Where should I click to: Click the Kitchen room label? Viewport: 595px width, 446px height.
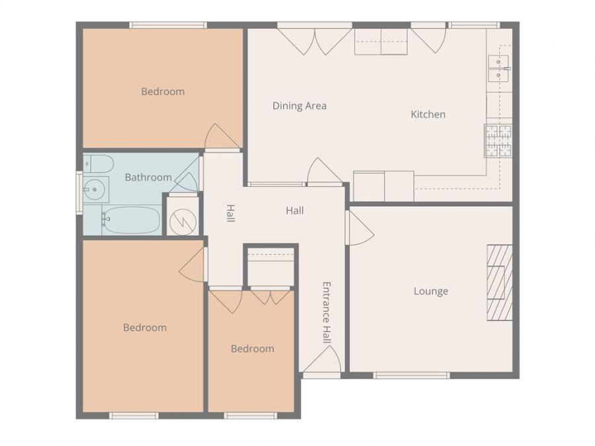tap(428, 114)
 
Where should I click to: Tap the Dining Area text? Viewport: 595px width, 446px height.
tap(299, 106)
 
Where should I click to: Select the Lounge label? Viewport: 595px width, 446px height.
tap(430, 291)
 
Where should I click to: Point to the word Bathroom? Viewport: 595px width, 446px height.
tap(148, 177)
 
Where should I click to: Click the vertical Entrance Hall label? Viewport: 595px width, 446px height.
tap(326, 313)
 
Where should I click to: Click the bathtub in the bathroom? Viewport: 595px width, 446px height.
tap(131, 220)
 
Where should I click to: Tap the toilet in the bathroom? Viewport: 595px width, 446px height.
tap(98, 163)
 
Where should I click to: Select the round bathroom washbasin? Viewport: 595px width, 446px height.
tap(95, 190)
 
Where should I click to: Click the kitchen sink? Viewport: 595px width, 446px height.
tap(498, 68)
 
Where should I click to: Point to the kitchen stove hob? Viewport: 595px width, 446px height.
tap(498, 140)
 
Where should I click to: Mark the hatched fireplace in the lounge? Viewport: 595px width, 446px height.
tap(500, 282)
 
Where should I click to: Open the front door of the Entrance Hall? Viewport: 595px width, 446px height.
tap(323, 362)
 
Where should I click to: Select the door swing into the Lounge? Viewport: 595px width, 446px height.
tap(360, 228)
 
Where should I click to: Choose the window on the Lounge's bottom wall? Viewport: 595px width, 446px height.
tap(411, 375)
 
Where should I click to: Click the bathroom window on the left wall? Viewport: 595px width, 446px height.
tap(79, 193)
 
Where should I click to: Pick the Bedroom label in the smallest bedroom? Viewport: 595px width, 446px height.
tap(252, 348)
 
